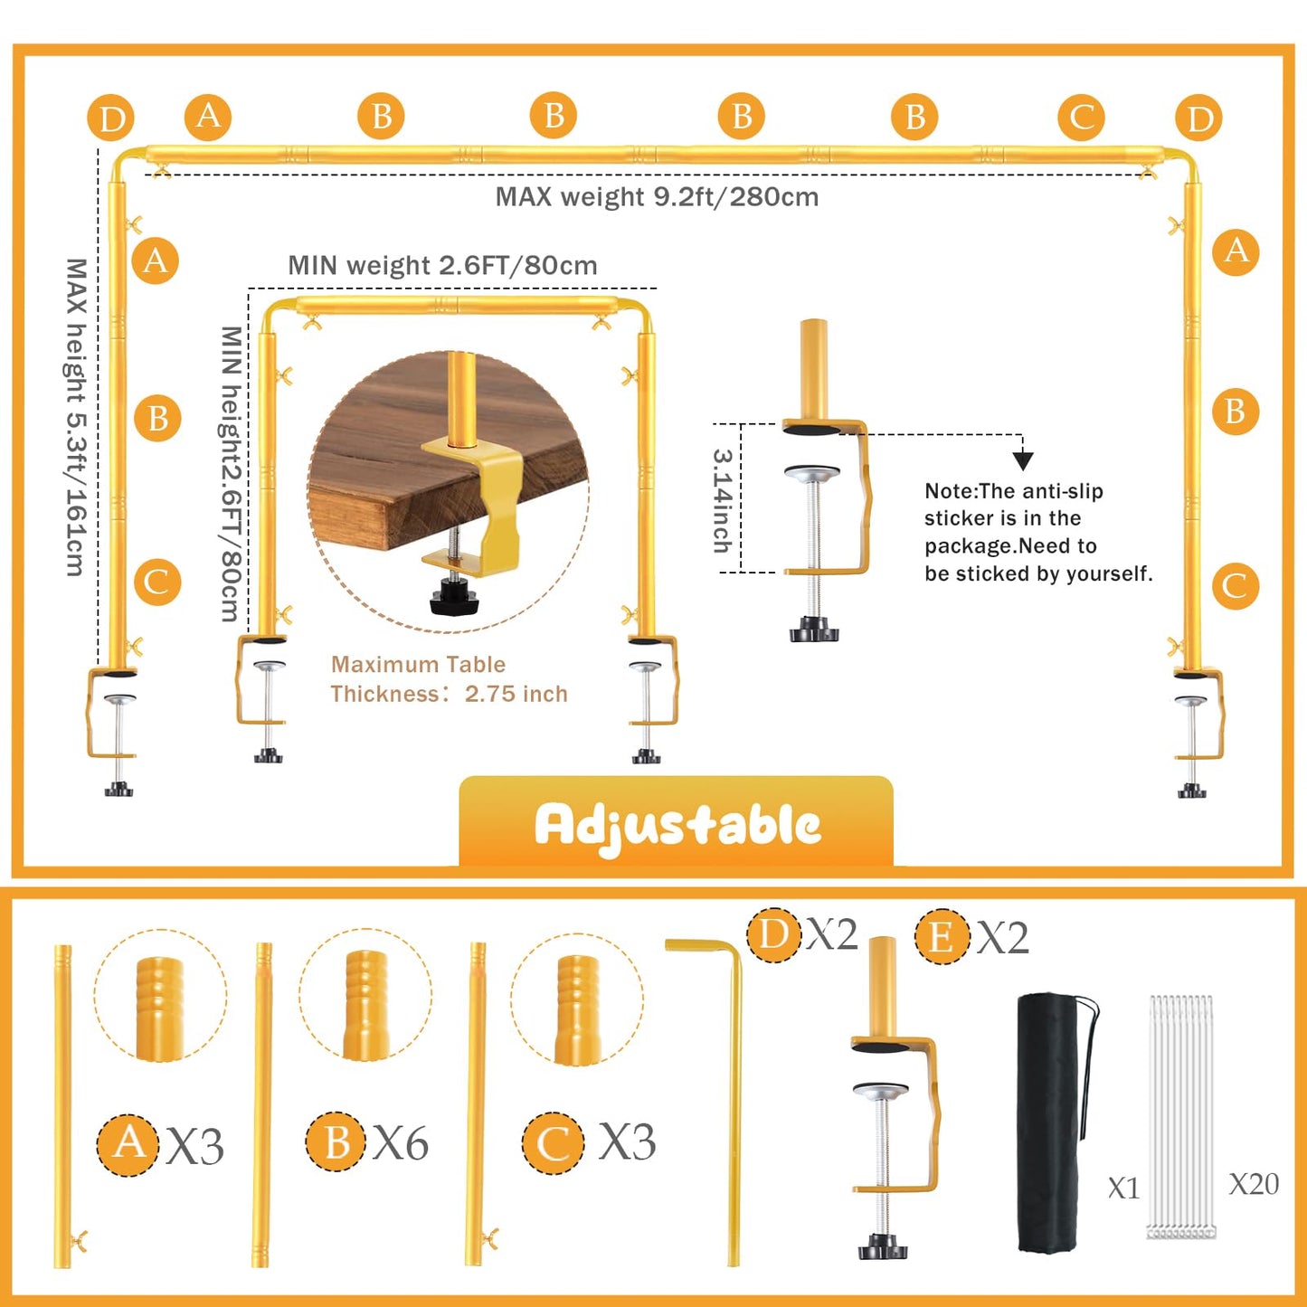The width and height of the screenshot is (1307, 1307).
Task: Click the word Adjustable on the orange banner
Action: pyautogui.click(x=677, y=826)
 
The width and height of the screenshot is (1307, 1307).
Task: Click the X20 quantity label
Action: pyautogui.click(x=1254, y=1184)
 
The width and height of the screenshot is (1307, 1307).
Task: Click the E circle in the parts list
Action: pyautogui.click(x=941, y=937)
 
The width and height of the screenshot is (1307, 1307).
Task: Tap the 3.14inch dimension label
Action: pyautogui.click(x=723, y=501)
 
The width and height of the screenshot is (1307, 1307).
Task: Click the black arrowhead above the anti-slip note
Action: pyautogui.click(x=1023, y=461)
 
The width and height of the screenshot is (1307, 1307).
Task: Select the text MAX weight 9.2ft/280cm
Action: pyautogui.click(x=657, y=196)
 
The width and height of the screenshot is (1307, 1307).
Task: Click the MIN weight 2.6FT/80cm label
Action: pyautogui.click(x=442, y=265)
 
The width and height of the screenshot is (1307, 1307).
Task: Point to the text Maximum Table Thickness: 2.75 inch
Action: pyautogui.click(x=449, y=679)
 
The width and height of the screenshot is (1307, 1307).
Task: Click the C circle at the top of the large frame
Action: pyautogui.click(x=1081, y=118)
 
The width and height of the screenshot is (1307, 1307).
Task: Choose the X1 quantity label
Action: pyautogui.click(x=1123, y=1188)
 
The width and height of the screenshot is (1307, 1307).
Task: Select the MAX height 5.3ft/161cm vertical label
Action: pyautogui.click(x=77, y=417)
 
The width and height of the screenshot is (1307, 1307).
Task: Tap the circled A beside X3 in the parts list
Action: pyautogui.click(x=128, y=1144)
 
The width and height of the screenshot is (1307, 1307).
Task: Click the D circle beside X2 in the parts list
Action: pyautogui.click(x=774, y=934)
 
